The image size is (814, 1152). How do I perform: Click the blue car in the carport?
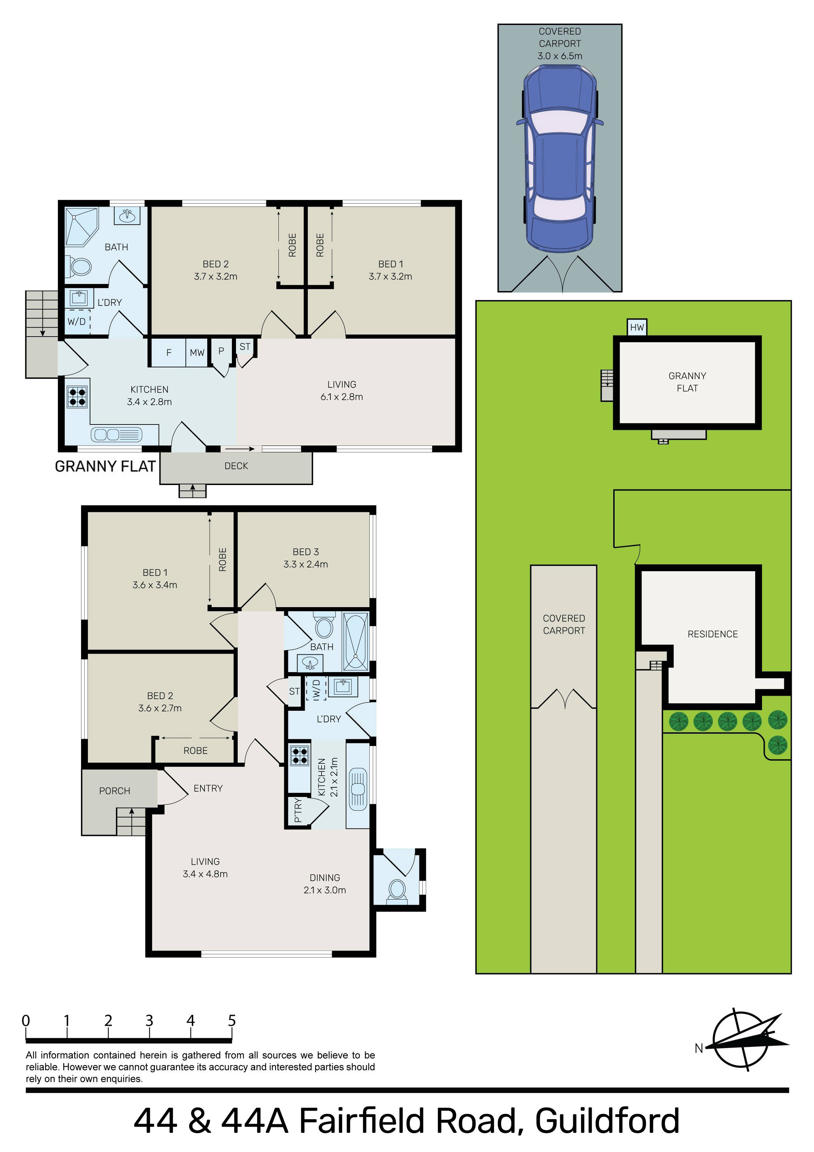560,159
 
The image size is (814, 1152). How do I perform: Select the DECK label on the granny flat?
236,466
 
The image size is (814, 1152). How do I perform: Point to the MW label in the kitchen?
197,353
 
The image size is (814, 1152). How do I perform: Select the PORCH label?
115,791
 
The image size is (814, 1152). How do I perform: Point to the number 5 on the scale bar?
232,1021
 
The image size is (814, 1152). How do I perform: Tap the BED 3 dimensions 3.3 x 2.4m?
306,564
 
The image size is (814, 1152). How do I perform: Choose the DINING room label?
325,878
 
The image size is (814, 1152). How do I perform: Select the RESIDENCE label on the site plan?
713,634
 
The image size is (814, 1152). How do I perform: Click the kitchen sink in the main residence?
357,789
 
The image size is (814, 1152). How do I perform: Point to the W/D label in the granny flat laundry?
77,322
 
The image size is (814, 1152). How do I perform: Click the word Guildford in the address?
607,1121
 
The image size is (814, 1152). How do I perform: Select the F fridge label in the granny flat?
169,353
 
